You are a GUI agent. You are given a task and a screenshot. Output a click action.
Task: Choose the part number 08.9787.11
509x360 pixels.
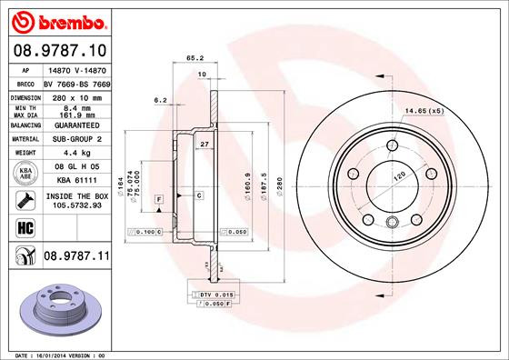[x=76, y=259]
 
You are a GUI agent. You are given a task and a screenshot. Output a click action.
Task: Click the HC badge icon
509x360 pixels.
[x=25, y=227]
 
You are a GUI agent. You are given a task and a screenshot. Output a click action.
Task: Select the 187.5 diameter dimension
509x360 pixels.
[x=263, y=177]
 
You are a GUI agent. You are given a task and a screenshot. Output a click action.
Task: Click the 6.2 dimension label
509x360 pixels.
[x=161, y=99]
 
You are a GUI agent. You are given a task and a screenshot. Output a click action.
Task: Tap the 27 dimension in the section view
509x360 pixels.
[x=205, y=145]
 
